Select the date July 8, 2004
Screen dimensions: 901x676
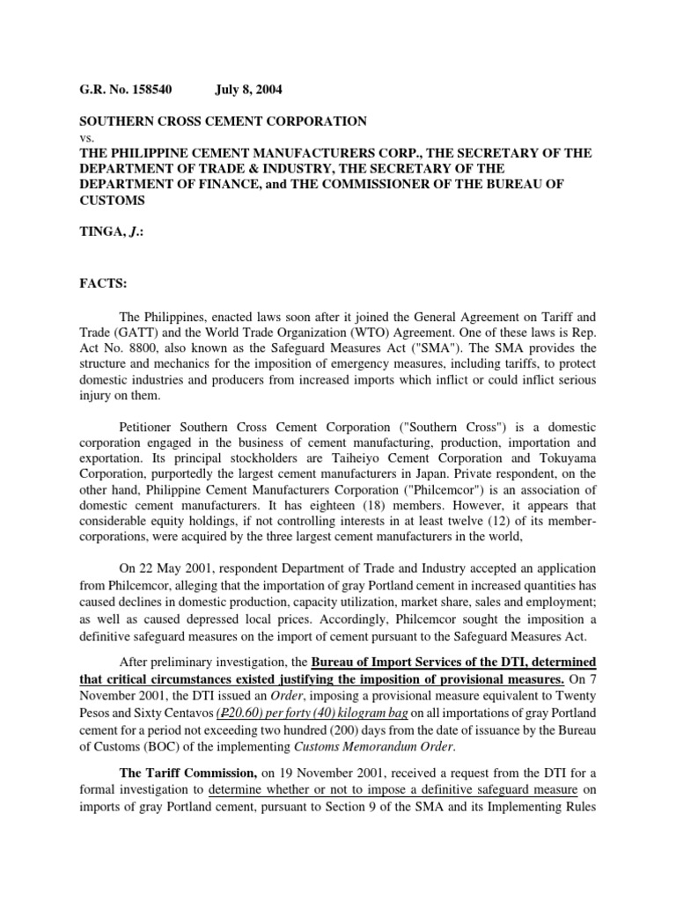250,89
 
